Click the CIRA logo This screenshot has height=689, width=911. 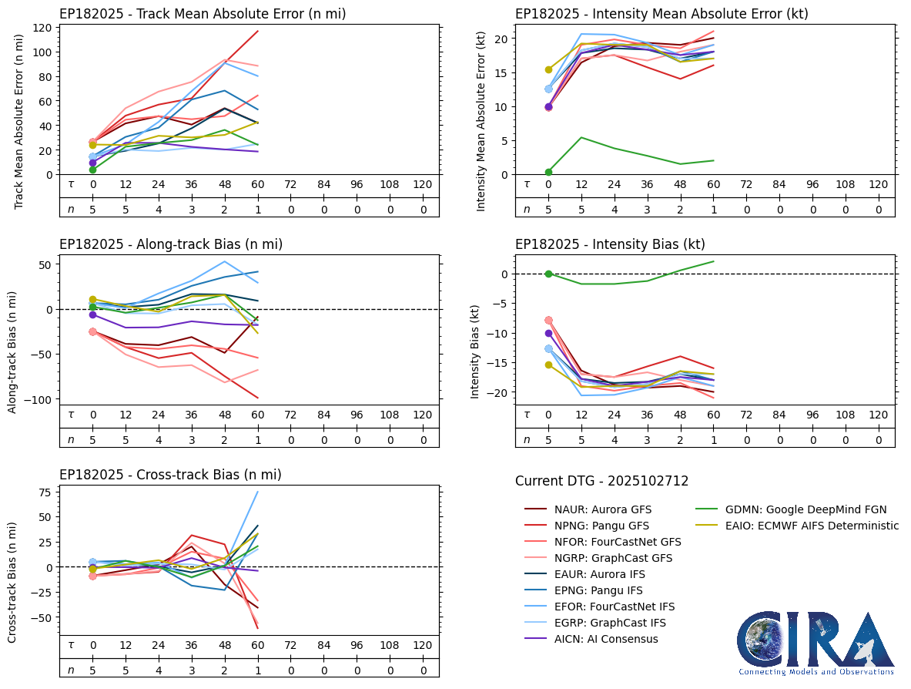815,642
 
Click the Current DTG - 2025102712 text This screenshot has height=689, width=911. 601,481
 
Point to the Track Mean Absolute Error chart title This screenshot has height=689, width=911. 203,14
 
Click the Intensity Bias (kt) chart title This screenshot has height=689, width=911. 610,244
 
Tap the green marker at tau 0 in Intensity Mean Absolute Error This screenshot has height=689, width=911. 548,172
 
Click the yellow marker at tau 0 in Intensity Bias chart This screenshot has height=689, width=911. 548,365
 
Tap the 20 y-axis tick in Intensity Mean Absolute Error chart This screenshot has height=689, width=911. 501,39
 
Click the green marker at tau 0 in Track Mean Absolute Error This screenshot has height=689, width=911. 92,170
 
